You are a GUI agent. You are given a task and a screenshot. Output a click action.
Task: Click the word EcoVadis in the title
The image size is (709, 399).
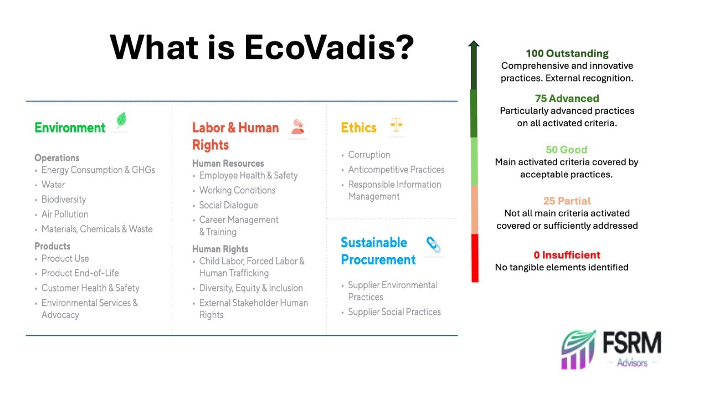[328, 48]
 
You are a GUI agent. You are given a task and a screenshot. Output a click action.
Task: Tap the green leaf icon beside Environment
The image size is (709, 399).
[121, 121]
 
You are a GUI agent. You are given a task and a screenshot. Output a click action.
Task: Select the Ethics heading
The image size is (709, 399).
[358, 127]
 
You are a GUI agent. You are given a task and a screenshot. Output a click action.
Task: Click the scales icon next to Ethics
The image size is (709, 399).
[396, 124]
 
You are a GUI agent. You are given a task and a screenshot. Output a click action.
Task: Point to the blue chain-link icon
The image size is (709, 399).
[433, 244]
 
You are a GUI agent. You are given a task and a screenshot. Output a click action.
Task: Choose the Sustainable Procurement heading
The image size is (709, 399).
[378, 251]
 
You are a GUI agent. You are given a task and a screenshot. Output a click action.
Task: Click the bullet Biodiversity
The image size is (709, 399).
[64, 199]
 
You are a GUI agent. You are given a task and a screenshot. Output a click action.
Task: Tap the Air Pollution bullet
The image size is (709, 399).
[65, 214]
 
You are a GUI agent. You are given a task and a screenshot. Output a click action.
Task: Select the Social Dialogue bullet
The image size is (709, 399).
[228, 205]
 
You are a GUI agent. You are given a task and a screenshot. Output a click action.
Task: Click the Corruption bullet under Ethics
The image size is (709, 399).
[369, 155]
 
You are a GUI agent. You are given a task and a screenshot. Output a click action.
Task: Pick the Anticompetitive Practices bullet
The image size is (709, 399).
[396, 170]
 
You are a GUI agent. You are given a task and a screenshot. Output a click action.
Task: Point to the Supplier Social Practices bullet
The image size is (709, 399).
[394, 312]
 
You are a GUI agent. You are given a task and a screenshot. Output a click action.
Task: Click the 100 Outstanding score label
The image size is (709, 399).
[567, 54]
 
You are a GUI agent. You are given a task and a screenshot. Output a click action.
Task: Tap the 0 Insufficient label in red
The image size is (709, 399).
[567, 255]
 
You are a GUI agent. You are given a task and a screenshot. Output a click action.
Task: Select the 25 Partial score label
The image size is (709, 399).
[567, 201]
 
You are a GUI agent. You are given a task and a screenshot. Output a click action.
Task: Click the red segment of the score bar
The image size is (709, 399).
[474, 258]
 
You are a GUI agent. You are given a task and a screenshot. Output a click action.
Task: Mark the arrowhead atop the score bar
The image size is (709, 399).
[474, 45]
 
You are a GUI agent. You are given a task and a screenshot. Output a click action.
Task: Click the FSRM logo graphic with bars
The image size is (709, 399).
[578, 350]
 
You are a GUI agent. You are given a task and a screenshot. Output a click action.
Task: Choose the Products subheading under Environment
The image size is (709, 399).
[53, 246]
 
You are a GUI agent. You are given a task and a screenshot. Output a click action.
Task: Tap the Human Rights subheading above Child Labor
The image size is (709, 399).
[220, 249]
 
